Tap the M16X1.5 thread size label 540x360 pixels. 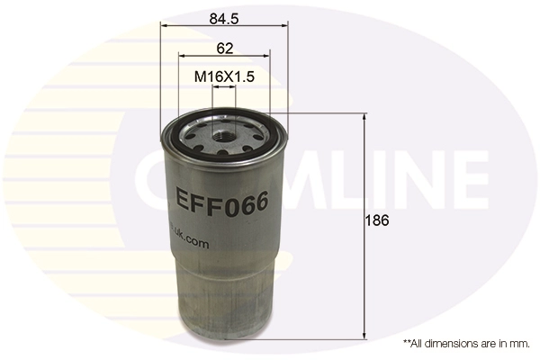point(225,77)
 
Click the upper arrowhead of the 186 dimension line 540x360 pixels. point(364,118)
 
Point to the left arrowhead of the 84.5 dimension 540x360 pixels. point(164,27)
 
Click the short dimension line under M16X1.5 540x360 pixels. point(225,91)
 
